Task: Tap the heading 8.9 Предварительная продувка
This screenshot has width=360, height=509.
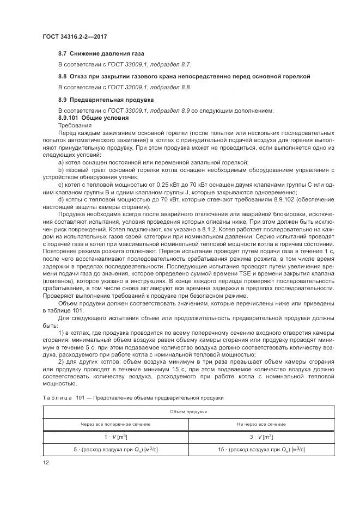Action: (x=98, y=100)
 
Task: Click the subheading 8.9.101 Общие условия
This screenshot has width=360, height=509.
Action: (x=93, y=118)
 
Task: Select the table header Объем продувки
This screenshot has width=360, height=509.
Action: (x=180, y=412)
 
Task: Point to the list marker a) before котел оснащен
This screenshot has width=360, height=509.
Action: (x=61, y=162)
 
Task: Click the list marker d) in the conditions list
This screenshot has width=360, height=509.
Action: (x=61, y=200)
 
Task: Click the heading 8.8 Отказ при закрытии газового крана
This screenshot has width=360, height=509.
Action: (x=184, y=77)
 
